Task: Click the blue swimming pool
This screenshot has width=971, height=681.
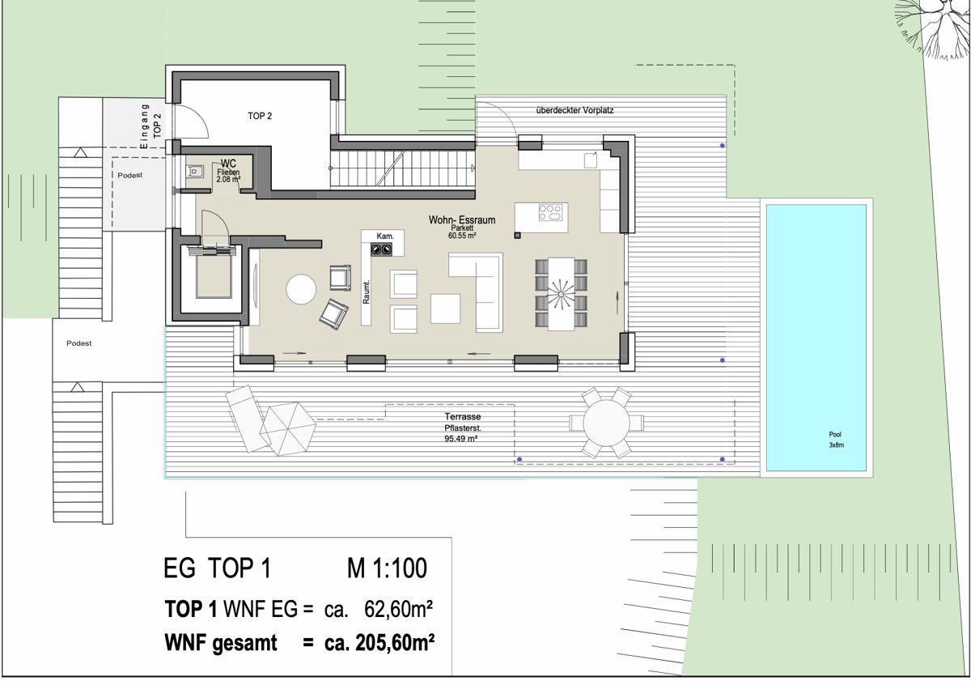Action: (x=816, y=338)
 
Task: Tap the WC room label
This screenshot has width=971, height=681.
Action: (x=228, y=164)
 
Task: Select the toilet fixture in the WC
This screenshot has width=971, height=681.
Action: (x=195, y=172)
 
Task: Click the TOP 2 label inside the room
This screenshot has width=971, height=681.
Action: (x=260, y=116)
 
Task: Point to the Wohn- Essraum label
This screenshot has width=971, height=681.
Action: (x=462, y=220)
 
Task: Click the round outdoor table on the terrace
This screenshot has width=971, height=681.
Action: (x=606, y=423)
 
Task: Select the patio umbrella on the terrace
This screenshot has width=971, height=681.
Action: (x=287, y=428)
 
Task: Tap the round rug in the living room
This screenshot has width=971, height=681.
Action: (x=301, y=289)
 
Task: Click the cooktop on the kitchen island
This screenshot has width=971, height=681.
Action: (x=550, y=213)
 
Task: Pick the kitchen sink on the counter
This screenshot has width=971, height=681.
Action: (x=591, y=160)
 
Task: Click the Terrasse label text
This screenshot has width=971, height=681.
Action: (x=463, y=416)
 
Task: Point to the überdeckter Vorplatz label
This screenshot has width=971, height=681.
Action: (x=575, y=110)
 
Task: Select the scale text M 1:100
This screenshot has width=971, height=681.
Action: (x=387, y=568)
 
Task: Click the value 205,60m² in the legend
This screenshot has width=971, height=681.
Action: (x=395, y=643)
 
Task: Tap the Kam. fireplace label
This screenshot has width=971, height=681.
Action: (x=385, y=236)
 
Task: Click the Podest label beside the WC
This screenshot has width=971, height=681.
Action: (x=129, y=175)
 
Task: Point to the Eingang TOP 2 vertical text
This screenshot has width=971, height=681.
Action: (x=151, y=126)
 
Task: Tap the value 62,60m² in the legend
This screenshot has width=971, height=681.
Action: (x=398, y=609)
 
